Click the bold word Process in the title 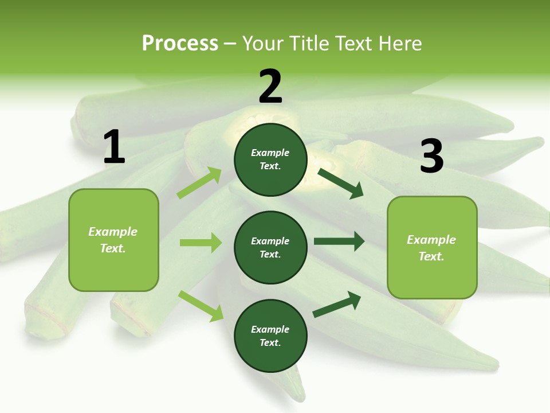(x=180, y=44)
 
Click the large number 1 (x=114, y=147)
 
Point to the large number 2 (x=270, y=87)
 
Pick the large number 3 (x=431, y=156)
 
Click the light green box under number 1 (x=113, y=240)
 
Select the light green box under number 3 (x=432, y=247)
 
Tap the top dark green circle (x=270, y=159)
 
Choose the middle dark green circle (x=270, y=247)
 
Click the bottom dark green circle (x=270, y=336)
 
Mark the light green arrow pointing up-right (x=199, y=183)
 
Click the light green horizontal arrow (x=201, y=243)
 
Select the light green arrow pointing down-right (x=201, y=306)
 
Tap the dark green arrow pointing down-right (x=341, y=183)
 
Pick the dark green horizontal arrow (x=339, y=241)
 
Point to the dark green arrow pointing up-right (x=337, y=305)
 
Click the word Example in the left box (x=113, y=232)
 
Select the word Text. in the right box (x=431, y=256)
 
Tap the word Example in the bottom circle (x=270, y=329)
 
